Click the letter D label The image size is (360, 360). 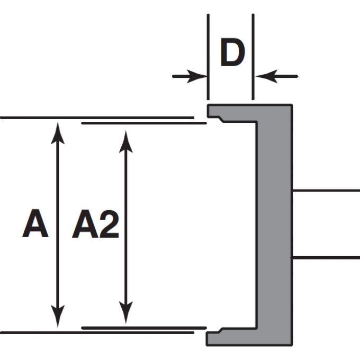[x=231, y=54]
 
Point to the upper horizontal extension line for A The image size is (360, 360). [x=95, y=118]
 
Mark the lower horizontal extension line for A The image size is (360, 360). [x=95, y=332]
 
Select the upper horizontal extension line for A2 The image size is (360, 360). [x=143, y=123]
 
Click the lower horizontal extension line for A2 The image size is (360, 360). [x=143, y=328]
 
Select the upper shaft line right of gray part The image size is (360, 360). [x=326, y=190]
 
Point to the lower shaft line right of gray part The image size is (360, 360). [x=326, y=257]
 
